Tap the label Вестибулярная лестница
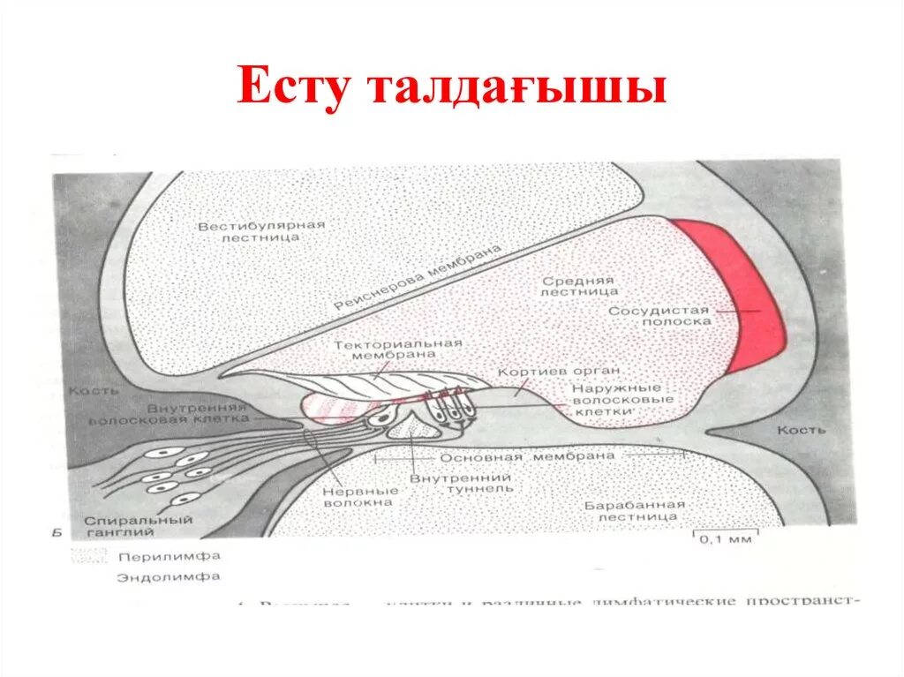click(260, 231)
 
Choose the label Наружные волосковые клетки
click(621, 399)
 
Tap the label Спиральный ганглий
click(139, 526)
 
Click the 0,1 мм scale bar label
click(727, 539)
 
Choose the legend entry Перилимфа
click(168, 557)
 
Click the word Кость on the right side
click(801, 430)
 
